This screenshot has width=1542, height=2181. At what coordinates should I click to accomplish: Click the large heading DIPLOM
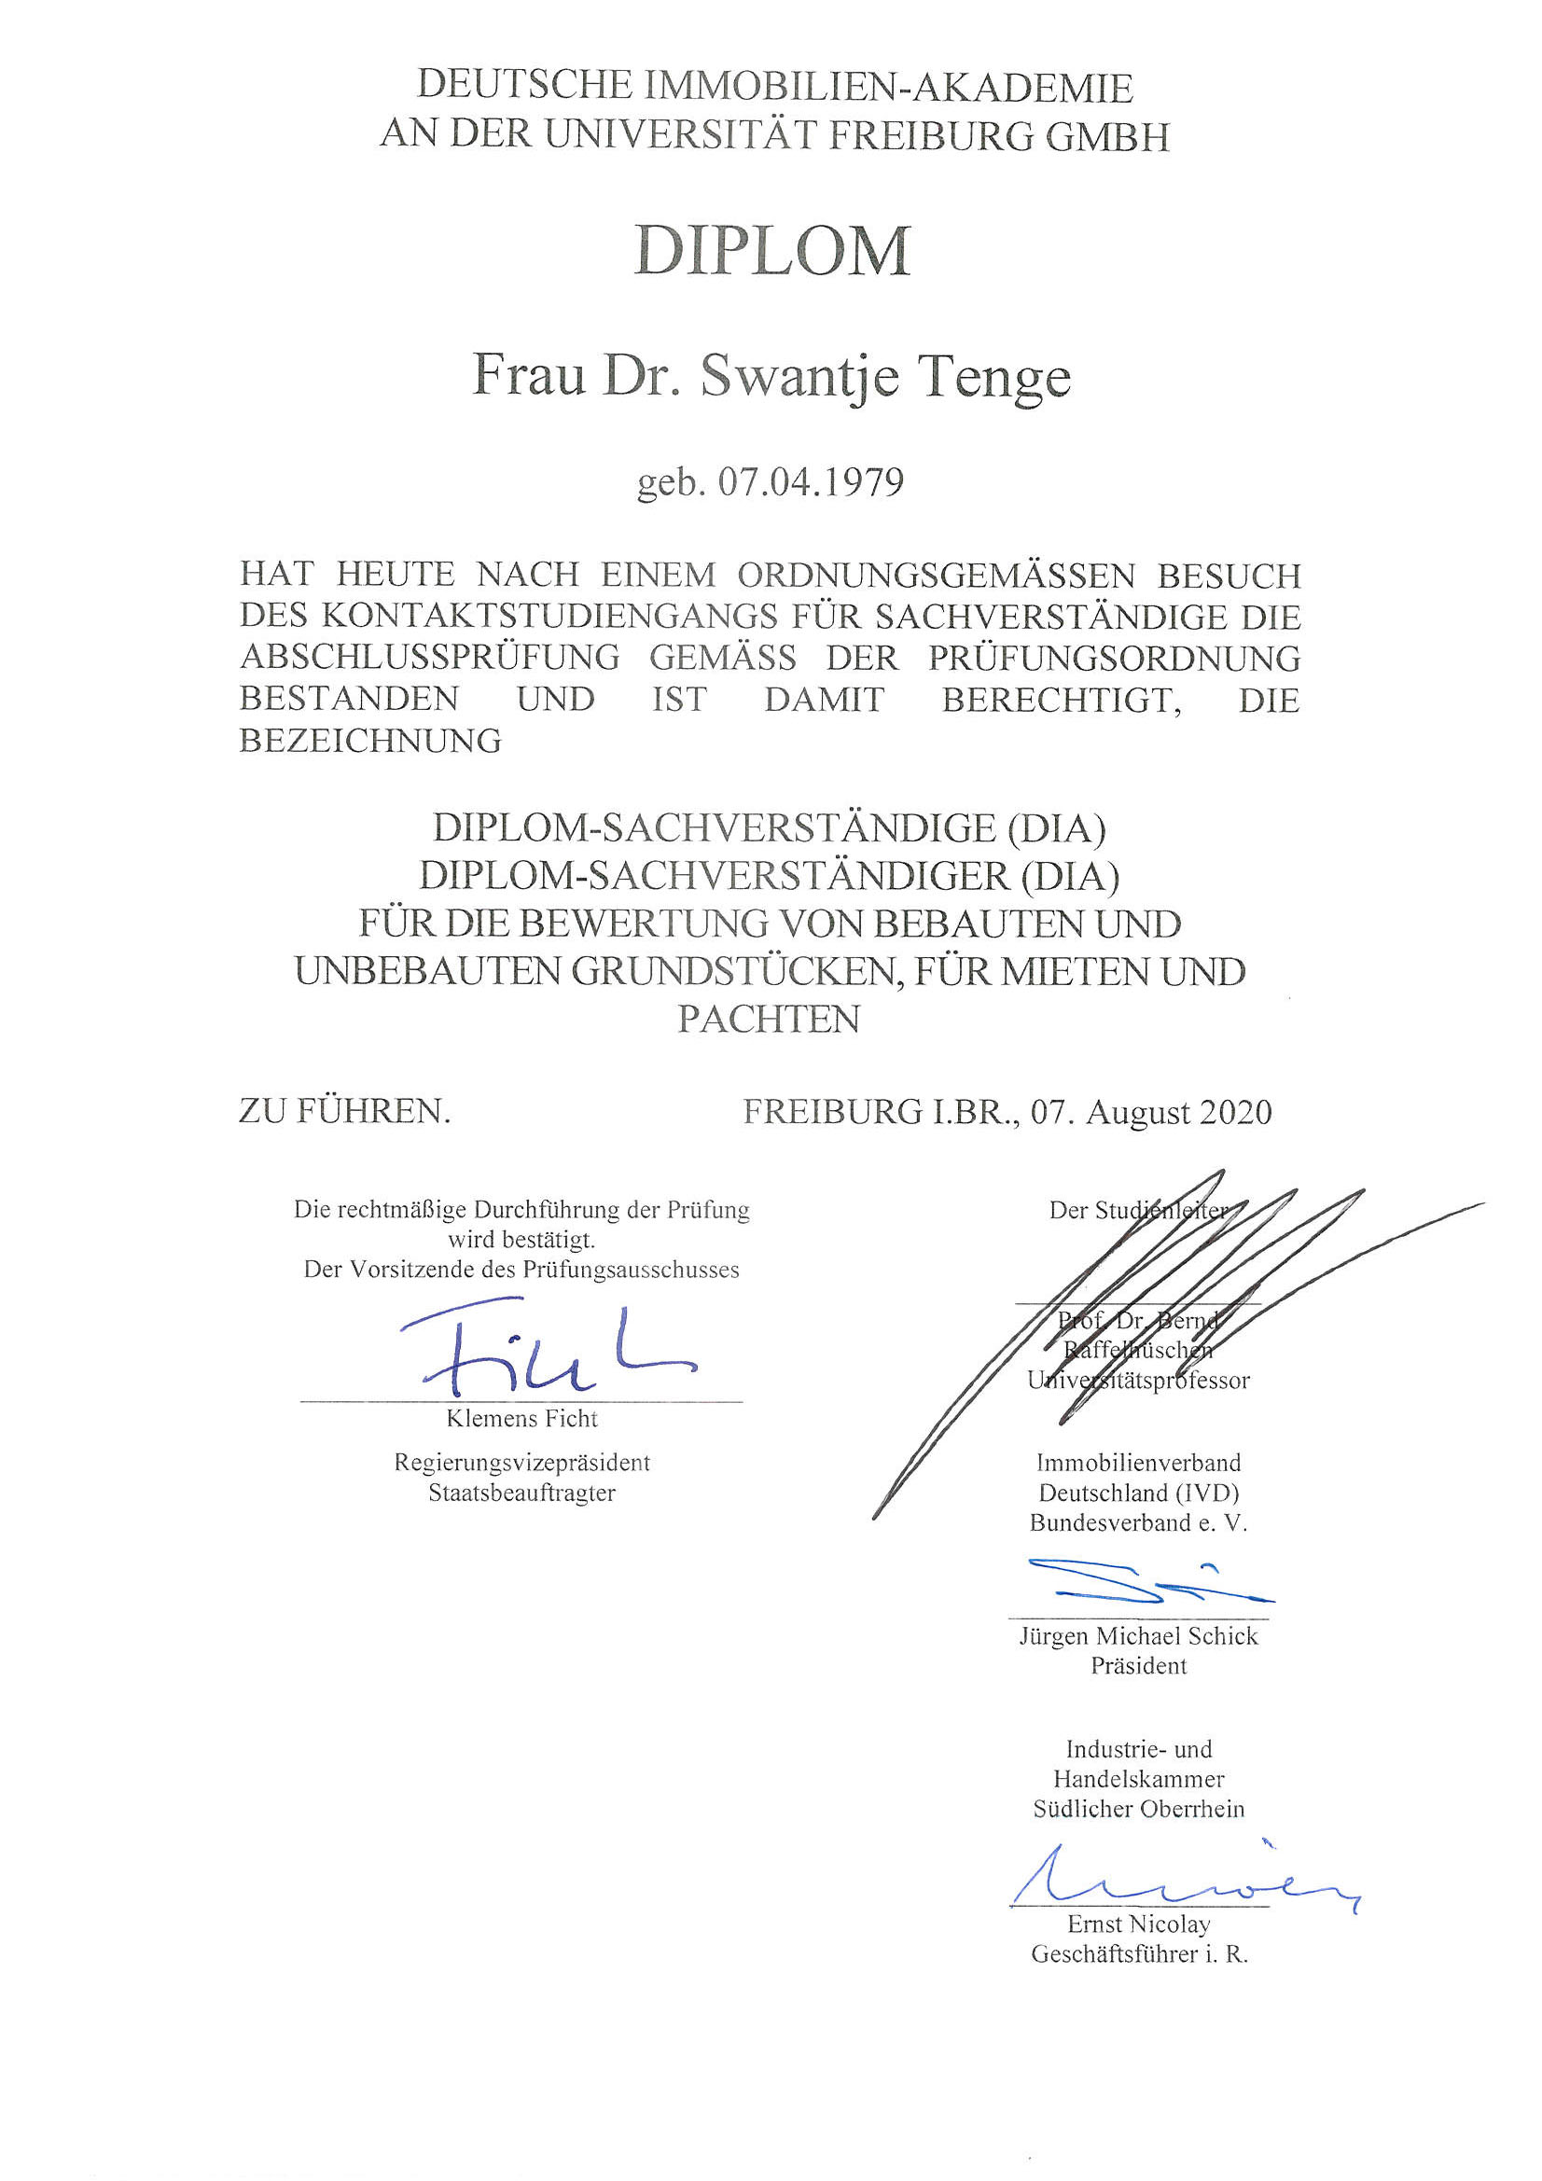771,251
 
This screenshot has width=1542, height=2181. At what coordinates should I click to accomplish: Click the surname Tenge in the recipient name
993,377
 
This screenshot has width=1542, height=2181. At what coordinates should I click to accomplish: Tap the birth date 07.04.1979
811,482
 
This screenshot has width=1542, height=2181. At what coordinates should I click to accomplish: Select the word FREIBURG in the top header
930,136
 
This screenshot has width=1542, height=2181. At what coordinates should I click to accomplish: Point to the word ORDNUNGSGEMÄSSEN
936,576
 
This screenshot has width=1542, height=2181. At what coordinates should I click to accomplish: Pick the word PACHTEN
769,1020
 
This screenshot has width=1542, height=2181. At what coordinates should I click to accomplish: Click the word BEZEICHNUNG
369,740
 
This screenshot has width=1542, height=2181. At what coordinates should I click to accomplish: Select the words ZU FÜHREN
344,1110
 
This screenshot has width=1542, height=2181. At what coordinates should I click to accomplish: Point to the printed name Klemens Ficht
521,1418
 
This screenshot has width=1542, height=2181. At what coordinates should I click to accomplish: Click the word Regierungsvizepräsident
521,1463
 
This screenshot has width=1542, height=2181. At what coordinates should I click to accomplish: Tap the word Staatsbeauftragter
521,1493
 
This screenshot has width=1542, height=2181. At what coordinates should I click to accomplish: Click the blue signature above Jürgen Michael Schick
1140,1580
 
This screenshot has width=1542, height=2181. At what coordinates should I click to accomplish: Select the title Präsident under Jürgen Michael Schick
1138,1665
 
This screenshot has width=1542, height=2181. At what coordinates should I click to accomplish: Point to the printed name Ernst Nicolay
1138,1924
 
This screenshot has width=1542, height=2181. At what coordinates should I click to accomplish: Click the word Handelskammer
1138,1778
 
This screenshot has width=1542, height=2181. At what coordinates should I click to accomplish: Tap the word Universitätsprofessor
1138,1381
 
